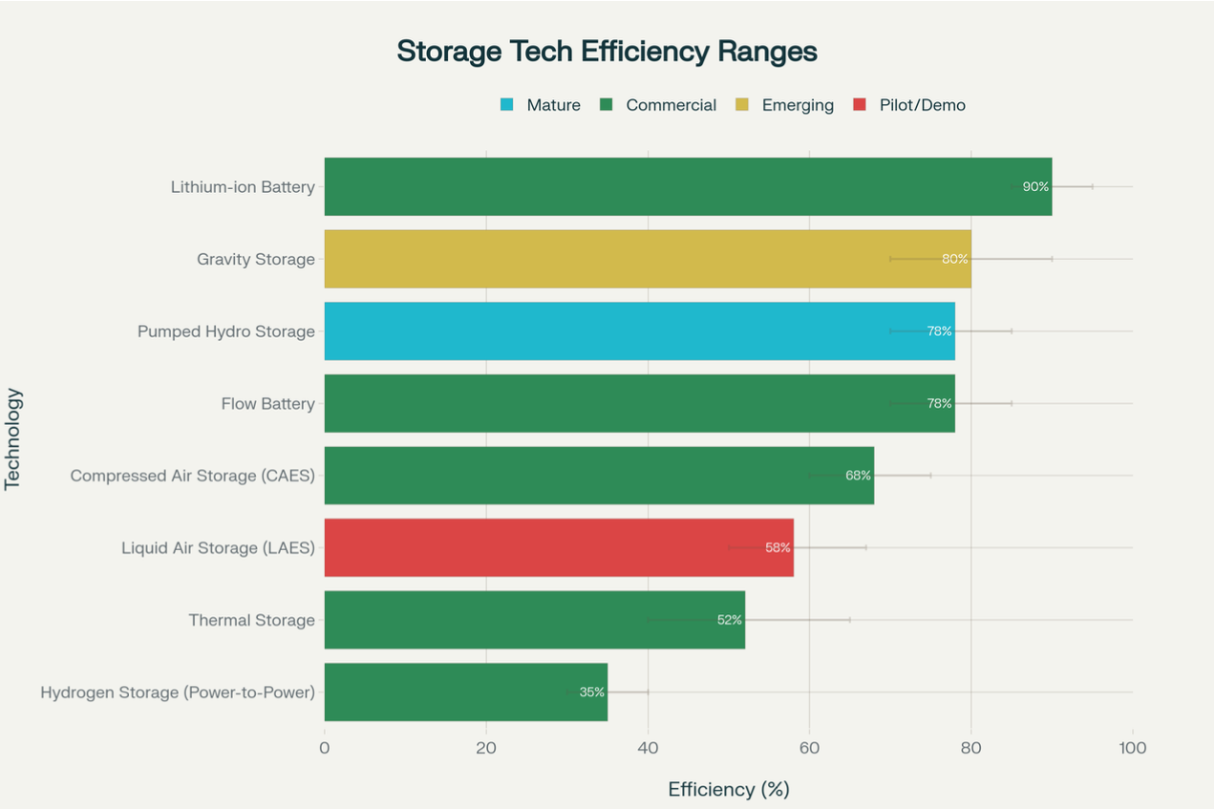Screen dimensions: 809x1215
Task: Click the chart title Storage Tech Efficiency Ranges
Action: click(607, 52)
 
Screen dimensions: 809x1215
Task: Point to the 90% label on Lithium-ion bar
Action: click(1035, 186)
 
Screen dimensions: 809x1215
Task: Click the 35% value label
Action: click(592, 692)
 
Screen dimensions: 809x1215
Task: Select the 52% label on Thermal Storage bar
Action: click(730, 620)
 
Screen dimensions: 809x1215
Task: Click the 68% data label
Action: click(858, 476)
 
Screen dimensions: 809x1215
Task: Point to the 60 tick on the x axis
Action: click(809, 748)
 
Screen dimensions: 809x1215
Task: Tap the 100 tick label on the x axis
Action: click(1133, 748)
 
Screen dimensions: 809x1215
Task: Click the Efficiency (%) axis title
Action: click(728, 790)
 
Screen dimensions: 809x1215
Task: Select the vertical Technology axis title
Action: click(13, 438)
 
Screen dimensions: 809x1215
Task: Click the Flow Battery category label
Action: click(267, 404)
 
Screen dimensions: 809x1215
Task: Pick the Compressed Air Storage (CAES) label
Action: click(192, 476)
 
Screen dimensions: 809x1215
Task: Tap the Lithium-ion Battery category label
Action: click(243, 187)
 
